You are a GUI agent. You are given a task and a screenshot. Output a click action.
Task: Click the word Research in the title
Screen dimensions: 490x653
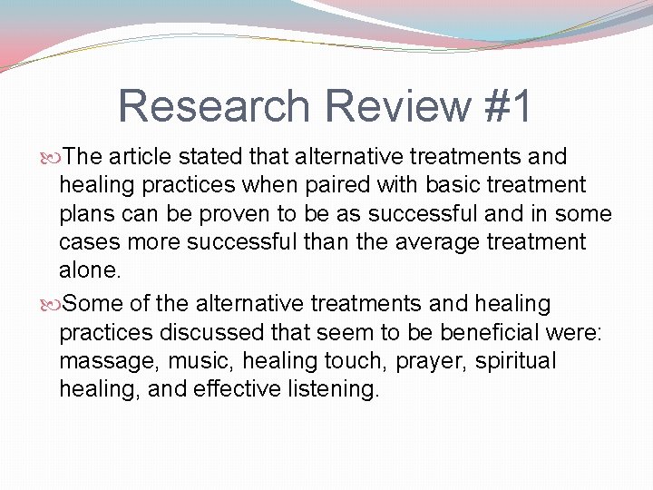214,106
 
